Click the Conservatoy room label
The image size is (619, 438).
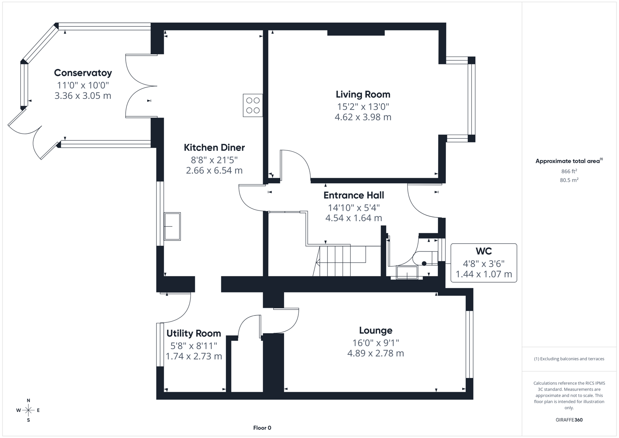(83, 73)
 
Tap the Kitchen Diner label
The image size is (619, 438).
(214, 148)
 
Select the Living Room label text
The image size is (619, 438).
(363, 94)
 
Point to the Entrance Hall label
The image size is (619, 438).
(353, 195)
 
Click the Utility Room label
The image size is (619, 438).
(194, 333)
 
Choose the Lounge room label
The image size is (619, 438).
(375, 331)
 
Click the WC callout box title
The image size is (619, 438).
(483, 251)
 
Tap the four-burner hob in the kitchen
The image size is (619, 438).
(253, 105)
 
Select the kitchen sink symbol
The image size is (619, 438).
(172, 226)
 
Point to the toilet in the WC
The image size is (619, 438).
(424, 260)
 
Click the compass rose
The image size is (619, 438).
(28, 410)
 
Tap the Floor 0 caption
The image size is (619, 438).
(262, 428)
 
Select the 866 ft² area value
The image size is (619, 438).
(569, 171)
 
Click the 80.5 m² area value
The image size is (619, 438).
(569, 180)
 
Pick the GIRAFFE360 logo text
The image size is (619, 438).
(569, 420)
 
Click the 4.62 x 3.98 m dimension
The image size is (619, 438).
(363, 117)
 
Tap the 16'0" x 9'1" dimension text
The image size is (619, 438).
(375, 343)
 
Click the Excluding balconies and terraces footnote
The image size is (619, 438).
(569, 359)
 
